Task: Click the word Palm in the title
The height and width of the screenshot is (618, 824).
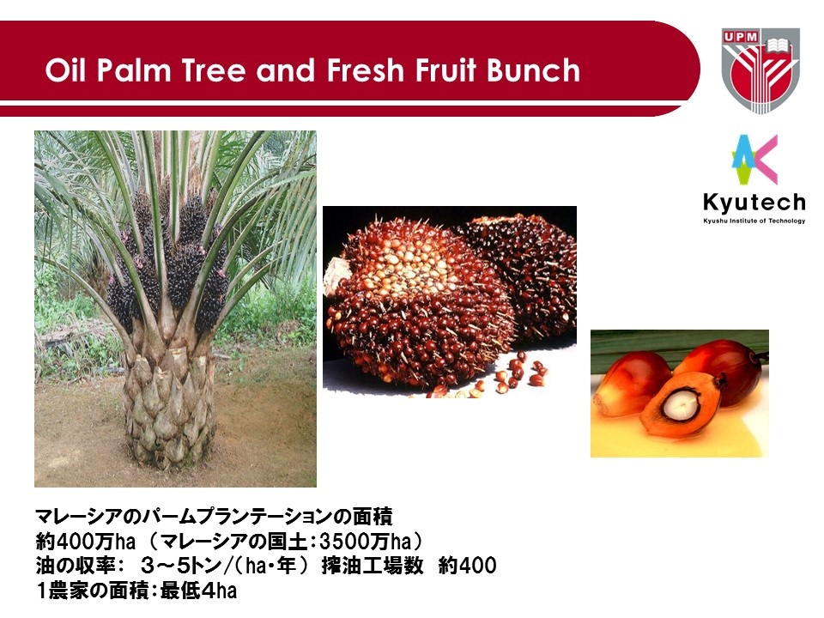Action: (x=134, y=71)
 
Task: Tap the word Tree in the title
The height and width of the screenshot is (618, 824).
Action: (x=214, y=70)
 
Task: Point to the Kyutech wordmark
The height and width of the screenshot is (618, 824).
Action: (x=754, y=203)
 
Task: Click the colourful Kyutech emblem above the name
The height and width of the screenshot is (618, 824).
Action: (x=754, y=160)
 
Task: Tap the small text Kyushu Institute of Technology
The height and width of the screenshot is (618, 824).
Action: (x=754, y=221)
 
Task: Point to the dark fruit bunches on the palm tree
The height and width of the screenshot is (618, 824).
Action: (x=168, y=263)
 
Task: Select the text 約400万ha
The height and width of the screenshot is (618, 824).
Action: (x=86, y=541)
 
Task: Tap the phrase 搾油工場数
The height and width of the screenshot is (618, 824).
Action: (x=372, y=566)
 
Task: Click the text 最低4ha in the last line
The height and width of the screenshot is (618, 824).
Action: (x=198, y=591)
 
